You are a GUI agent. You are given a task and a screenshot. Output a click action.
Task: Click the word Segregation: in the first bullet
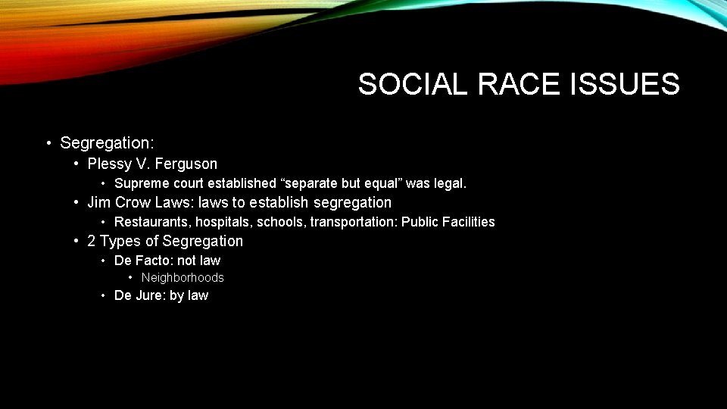107,142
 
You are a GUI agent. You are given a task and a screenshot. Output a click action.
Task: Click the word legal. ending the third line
450,183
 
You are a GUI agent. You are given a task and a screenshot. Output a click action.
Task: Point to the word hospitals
224,222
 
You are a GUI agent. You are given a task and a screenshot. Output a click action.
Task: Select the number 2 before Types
92,241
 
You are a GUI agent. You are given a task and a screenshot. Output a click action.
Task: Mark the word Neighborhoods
183,278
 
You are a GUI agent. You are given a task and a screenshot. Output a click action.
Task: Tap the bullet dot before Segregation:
48,143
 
